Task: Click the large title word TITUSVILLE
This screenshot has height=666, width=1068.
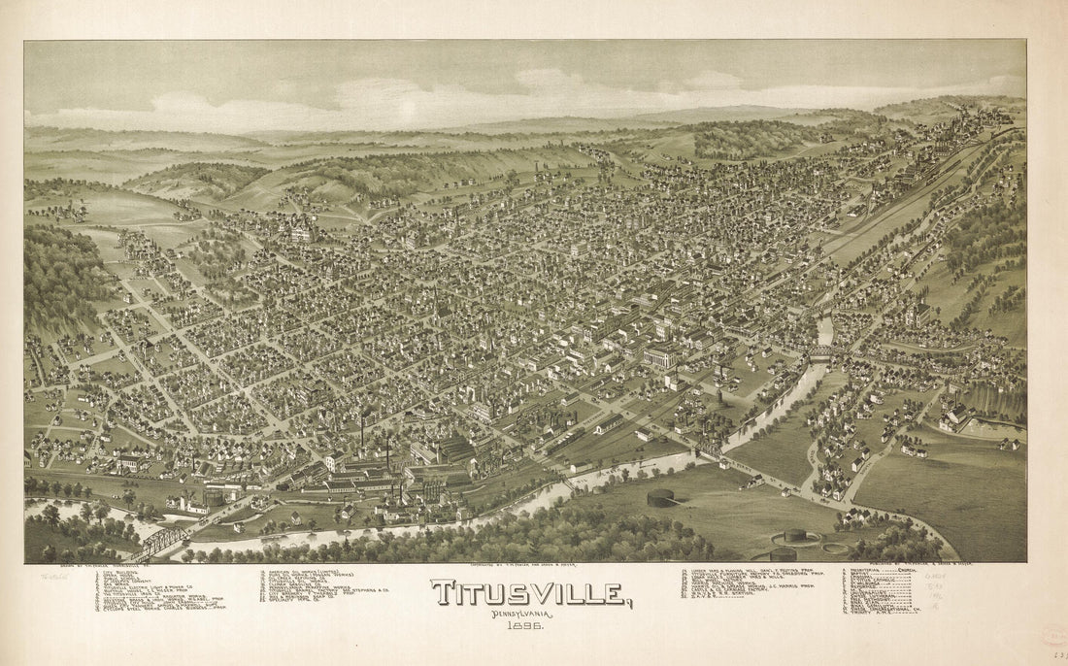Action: [x=530, y=593]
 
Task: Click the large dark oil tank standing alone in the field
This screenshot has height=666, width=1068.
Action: [x=660, y=498]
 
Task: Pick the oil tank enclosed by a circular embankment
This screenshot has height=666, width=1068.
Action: [x=794, y=535]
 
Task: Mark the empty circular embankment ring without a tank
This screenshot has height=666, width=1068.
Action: [x=833, y=549]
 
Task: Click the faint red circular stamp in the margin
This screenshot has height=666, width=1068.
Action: [x=1052, y=636]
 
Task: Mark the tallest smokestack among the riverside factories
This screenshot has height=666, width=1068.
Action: [x=362, y=427]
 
